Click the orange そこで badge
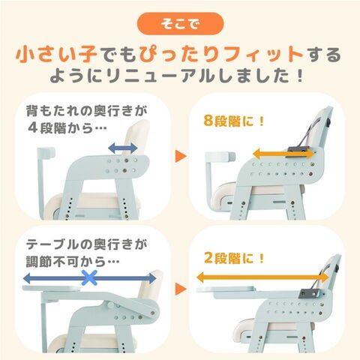(180, 23)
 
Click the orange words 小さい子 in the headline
(56, 54)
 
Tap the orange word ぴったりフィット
(221, 54)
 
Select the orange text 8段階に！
(234, 121)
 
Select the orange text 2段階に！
(234, 258)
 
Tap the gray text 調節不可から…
(73, 262)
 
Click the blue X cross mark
(89, 277)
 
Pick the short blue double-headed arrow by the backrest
(123, 148)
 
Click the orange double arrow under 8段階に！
(283, 153)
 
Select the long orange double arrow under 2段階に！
(262, 277)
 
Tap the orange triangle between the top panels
(181, 156)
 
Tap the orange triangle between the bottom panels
(181, 289)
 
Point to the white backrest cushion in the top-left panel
(136, 137)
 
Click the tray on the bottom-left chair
(51, 289)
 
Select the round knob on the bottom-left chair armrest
(111, 305)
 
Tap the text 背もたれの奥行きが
(86, 111)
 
